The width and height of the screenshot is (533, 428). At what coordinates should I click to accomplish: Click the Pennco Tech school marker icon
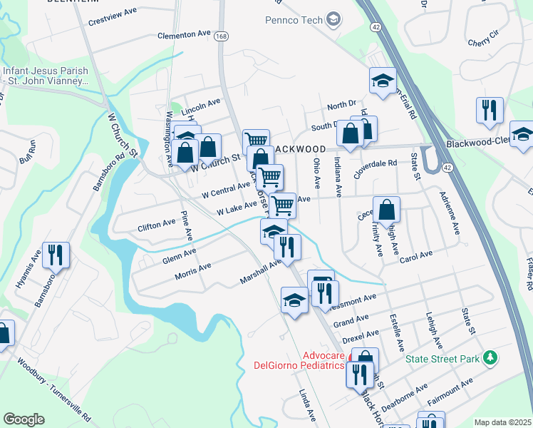coord(333,19)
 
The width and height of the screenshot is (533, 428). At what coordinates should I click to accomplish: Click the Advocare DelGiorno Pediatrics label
coord(300,360)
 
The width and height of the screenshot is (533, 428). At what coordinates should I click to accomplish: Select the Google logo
coord(24,419)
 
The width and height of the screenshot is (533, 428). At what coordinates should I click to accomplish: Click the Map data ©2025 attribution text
coord(502,422)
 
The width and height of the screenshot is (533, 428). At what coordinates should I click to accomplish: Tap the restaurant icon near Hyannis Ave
coord(53,254)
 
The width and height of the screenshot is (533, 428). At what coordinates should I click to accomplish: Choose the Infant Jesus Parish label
coord(45,76)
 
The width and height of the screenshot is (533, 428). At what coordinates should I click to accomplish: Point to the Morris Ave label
coord(193,268)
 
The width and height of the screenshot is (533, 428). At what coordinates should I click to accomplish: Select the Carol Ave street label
coord(416,255)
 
